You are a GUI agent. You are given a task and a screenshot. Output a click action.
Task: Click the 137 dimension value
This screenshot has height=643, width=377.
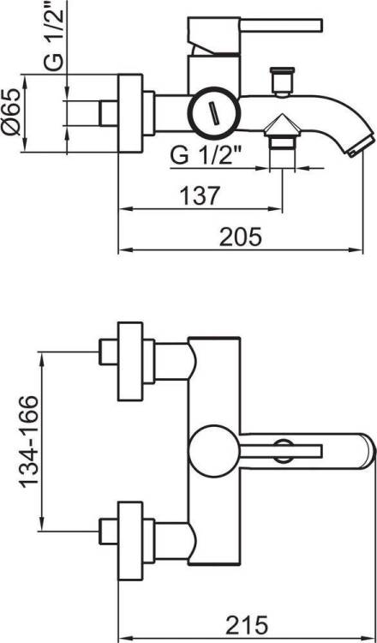[200, 196]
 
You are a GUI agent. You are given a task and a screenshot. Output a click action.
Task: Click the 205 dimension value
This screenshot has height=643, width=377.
[240, 237]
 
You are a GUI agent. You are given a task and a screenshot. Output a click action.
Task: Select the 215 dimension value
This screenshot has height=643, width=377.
[246, 625]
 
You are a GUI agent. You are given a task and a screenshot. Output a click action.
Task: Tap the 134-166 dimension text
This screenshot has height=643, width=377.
[30, 442]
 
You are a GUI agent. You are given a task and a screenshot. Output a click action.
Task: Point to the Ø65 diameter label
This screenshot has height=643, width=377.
[10, 111]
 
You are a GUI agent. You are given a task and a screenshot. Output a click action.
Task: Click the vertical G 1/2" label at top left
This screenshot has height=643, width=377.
[55, 37]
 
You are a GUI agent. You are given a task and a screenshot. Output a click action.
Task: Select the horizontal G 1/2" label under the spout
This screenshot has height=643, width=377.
[206, 155]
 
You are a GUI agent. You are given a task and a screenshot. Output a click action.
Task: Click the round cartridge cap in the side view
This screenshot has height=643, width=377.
[213, 112]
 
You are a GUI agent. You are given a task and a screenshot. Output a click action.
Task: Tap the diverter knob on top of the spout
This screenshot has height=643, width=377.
[283, 81]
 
